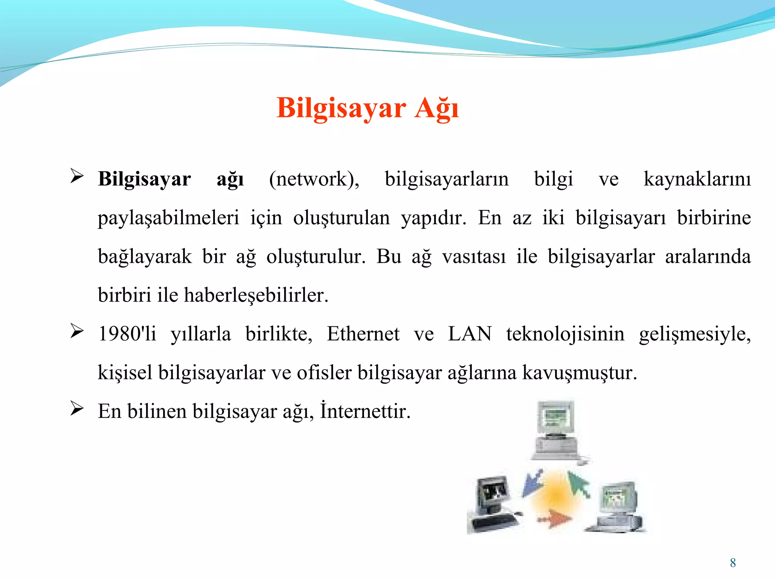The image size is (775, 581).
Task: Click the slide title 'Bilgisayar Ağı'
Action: (x=367, y=109)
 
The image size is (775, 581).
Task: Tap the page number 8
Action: (x=733, y=563)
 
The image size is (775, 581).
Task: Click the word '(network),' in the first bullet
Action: (x=314, y=179)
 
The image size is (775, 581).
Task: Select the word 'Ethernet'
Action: (x=363, y=334)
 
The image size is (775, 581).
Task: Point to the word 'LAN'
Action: (x=470, y=334)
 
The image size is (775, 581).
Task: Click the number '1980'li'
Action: (x=127, y=334)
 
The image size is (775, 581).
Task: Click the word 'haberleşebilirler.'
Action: (x=256, y=295)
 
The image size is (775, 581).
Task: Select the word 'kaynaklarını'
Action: (x=697, y=179)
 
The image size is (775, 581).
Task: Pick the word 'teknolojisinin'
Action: (x=565, y=334)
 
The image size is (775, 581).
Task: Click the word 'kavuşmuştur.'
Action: (x=580, y=373)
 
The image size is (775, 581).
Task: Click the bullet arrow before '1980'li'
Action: (x=77, y=331)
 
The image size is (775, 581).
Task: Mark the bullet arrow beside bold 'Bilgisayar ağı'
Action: (x=77, y=177)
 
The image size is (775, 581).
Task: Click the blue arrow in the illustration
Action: (x=532, y=483)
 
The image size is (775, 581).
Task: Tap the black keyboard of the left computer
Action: (x=493, y=522)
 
